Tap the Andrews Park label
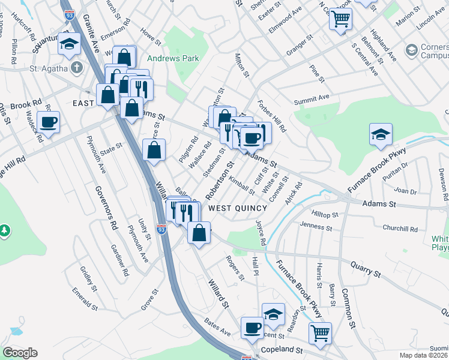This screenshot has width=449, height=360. click(173, 58)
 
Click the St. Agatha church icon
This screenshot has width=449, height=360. click(76, 67)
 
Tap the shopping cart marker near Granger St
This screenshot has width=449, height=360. click(340, 19)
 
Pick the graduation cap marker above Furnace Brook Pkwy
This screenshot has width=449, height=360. click(381, 135)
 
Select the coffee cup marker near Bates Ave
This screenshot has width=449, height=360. click(252, 328)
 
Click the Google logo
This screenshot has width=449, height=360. click(20, 352)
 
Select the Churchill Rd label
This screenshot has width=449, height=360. click(400, 229)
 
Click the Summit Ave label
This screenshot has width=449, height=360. click(312, 98)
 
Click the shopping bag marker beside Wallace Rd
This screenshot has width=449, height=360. click(154, 151)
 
